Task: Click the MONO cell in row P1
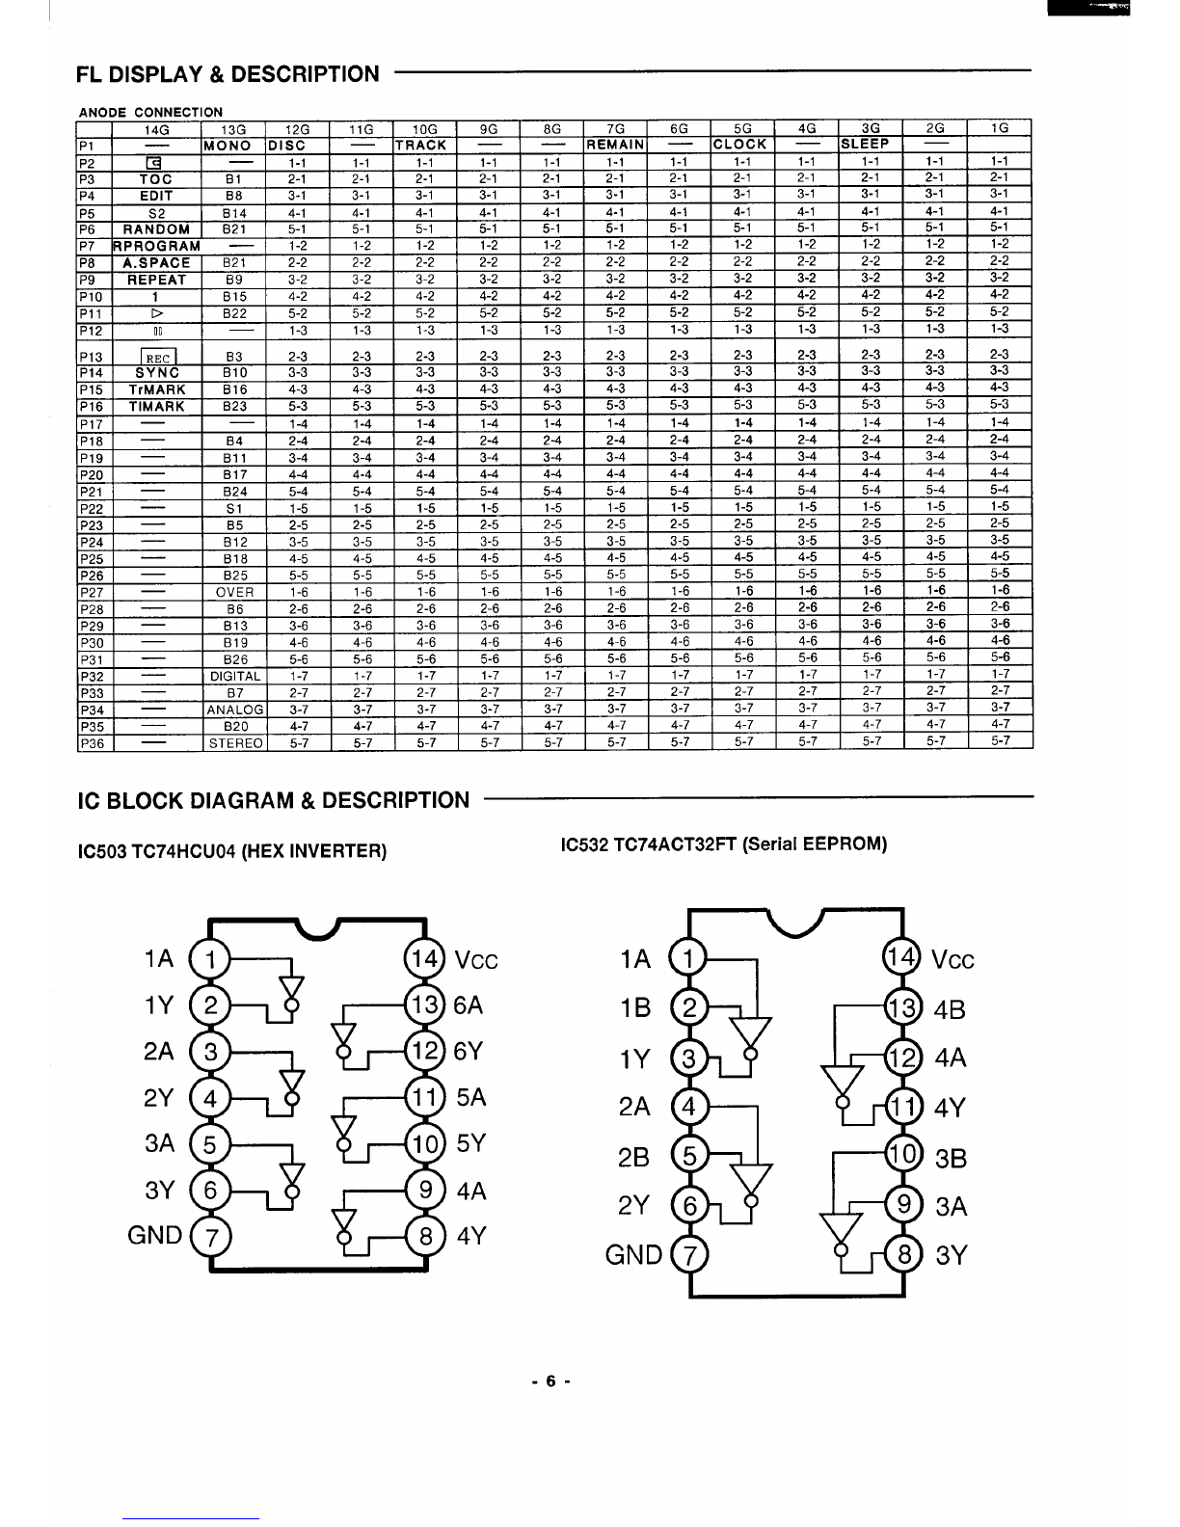(227, 146)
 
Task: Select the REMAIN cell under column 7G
(616, 145)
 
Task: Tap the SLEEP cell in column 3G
(865, 144)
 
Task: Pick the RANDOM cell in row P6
(157, 229)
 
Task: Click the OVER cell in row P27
(234, 593)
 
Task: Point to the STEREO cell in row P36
(235, 743)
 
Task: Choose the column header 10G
(424, 129)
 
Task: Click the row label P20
(92, 475)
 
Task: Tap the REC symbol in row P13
(158, 357)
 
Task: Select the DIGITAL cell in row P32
(235, 676)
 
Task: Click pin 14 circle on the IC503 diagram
(424, 958)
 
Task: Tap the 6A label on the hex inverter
(469, 1005)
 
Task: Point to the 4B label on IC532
(950, 1009)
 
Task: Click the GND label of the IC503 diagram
(154, 1235)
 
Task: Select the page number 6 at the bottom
(551, 1381)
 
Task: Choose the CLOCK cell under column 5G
(739, 144)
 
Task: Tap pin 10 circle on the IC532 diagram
(902, 1155)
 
